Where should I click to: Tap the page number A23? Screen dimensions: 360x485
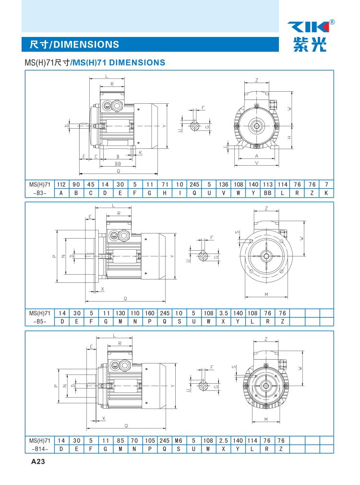point(38,461)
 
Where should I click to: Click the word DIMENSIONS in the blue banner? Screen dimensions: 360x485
point(86,45)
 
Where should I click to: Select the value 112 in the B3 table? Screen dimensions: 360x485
point(61,184)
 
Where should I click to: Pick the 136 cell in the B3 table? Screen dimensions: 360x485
point(223,184)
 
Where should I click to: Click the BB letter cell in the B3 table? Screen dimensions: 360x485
point(267,193)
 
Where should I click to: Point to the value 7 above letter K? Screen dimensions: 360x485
point(326,184)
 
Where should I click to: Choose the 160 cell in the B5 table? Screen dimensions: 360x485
point(150,313)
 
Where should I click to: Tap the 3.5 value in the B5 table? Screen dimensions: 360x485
point(223,313)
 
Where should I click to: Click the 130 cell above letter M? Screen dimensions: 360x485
point(120,313)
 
